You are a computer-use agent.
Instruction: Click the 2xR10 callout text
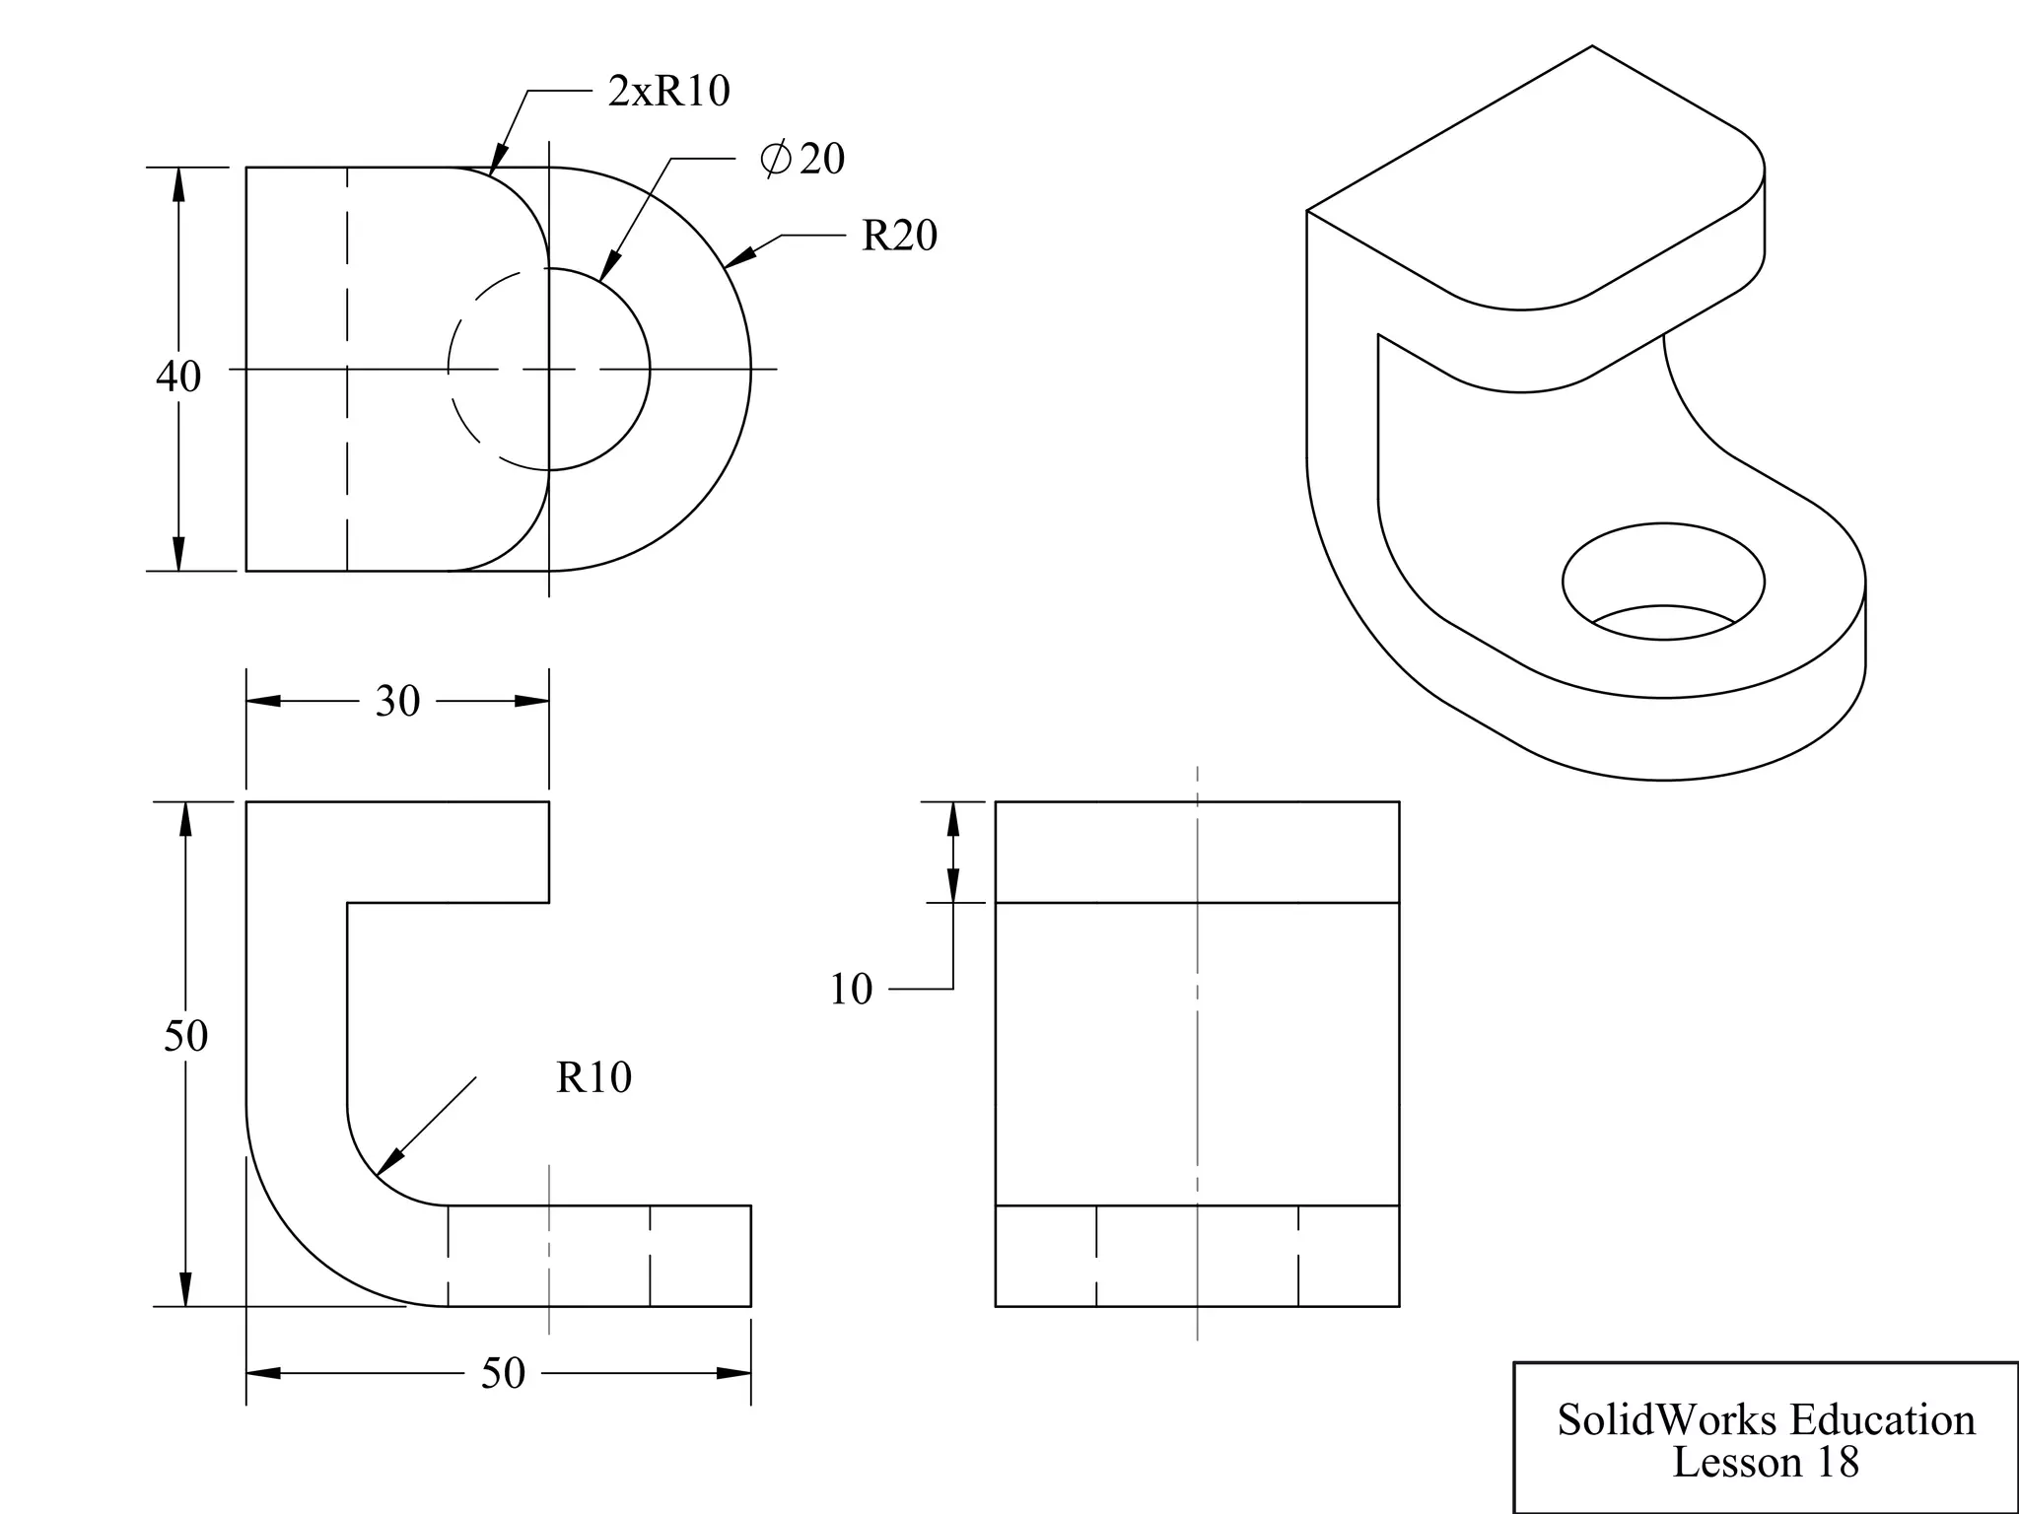668,92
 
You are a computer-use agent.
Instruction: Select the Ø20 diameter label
802,159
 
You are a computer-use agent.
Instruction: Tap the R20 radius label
899,236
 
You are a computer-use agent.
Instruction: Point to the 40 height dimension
178,377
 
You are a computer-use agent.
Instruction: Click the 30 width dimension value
397,702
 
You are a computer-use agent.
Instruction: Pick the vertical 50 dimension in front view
185,1036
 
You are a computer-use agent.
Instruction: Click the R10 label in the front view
593,1077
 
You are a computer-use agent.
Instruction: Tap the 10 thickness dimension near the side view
851,990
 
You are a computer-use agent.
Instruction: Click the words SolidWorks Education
1766,1420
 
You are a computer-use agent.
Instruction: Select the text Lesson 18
1766,1463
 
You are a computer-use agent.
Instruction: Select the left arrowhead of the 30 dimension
262,702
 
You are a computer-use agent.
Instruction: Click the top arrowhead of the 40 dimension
178,184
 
